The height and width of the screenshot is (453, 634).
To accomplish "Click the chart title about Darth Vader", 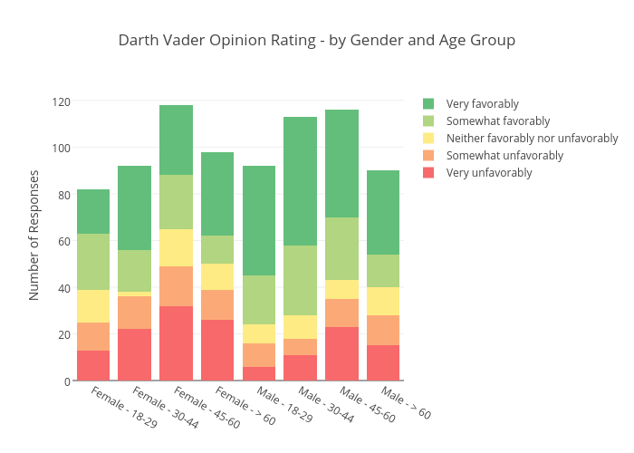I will coord(317,41).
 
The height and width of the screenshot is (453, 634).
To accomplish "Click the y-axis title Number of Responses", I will coord(34,235).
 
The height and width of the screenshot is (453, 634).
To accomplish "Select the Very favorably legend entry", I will coord(482,104).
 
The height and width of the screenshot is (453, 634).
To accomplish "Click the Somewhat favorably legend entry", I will coord(497,121).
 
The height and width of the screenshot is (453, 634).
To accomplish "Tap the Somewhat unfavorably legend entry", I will coord(504,156).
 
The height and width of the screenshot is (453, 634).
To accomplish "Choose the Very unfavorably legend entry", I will coord(489,173).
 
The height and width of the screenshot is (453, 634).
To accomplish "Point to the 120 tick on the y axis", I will coord(61,101).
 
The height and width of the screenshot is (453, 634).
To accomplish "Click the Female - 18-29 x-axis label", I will coord(124,407).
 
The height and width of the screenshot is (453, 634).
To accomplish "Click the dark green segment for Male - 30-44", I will coord(301,181).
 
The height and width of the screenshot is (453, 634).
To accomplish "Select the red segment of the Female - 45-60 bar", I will coord(177,343).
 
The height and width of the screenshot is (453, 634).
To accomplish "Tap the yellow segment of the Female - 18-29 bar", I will coord(93,306).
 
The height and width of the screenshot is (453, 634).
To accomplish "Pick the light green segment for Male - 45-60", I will coord(342,249).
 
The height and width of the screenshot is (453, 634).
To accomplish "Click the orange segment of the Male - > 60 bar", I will coord(383,330).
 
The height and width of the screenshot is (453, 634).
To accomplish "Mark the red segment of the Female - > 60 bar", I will coord(217,350).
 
